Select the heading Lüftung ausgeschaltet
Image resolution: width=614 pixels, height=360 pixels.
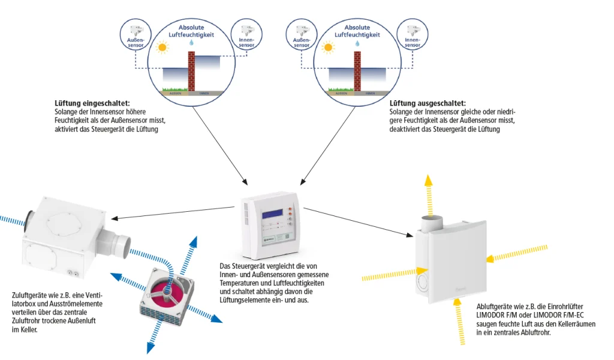point(428,104)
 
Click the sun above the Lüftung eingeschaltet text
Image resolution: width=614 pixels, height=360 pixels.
point(161,47)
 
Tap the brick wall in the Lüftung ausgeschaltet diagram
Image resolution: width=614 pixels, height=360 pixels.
point(358,72)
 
